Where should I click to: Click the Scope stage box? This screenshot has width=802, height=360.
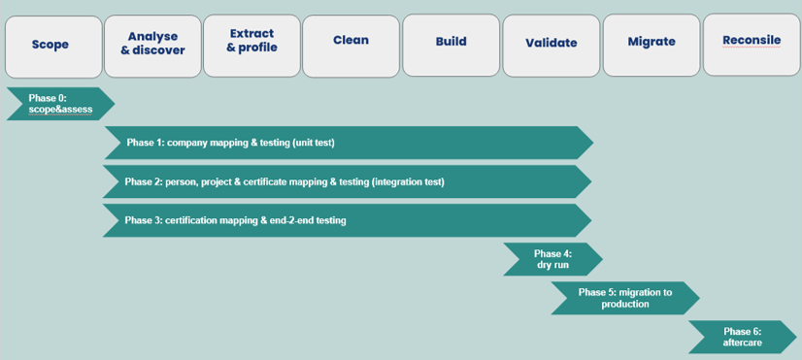53,47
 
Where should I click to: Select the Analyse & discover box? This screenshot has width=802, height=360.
153,46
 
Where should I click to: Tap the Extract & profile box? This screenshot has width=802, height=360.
251,46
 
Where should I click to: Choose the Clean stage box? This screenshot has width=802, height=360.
351,46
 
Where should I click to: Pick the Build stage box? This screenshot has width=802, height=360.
451,45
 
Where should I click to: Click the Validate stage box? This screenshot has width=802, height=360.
551,46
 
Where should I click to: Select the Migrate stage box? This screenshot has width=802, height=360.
652,45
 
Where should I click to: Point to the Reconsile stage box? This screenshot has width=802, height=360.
752,45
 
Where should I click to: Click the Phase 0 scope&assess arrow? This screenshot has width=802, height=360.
60,104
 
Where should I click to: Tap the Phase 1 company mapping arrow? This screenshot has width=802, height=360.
349,143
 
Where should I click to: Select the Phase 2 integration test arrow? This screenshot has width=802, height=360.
348,181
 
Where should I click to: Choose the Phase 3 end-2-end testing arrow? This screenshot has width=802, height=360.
348,220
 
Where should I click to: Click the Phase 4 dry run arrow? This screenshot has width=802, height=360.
552,259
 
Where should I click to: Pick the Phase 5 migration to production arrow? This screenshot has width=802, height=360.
625,298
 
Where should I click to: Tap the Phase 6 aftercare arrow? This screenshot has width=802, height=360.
743,337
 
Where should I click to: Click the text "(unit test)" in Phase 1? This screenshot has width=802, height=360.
313,143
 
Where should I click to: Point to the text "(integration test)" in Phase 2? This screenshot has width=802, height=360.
407,181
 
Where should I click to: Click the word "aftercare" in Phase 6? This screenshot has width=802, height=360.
742,343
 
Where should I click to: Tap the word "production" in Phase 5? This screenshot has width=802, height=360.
625,304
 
